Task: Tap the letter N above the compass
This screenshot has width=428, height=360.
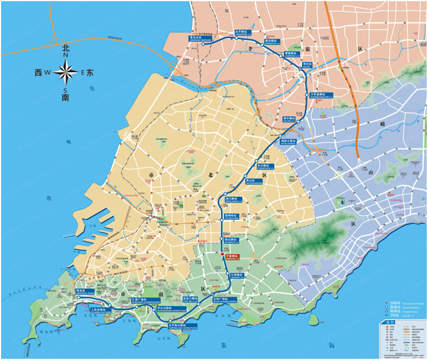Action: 65,55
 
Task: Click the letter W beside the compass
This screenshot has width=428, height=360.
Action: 48,73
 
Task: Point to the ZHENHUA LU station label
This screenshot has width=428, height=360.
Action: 271,41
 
